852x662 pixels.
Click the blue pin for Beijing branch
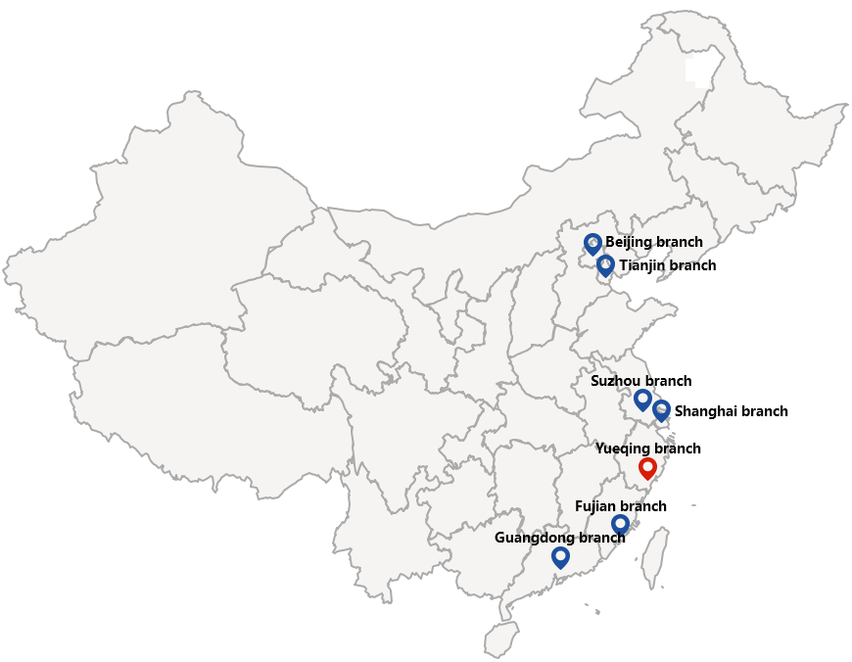(592, 244)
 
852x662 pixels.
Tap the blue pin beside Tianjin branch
(605, 265)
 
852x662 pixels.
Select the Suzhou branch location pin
(642, 399)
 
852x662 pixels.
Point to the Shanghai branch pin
(661, 410)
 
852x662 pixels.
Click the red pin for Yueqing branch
(647, 467)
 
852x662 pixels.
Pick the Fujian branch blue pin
(620, 524)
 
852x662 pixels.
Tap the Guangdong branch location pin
(560, 556)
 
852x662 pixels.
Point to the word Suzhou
(615, 381)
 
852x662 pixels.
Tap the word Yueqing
(625, 449)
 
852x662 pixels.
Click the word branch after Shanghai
(766, 411)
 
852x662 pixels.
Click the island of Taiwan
(653, 558)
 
